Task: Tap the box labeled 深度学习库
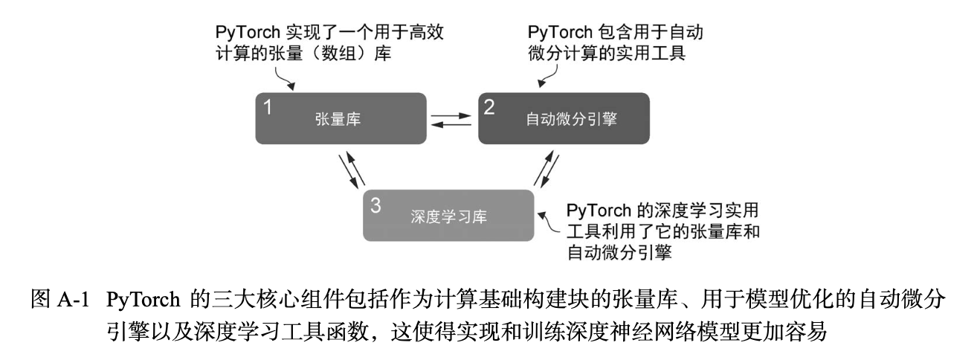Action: (448, 216)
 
